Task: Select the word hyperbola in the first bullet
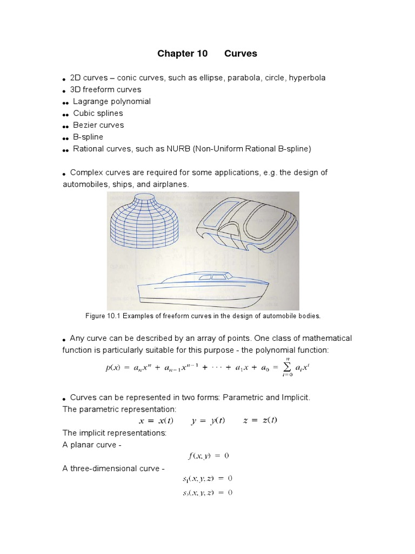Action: [x=307, y=78]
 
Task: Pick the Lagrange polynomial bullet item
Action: [x=112, y=102]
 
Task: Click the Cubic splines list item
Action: [x=98, y=114]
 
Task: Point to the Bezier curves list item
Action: [x=98, y=125]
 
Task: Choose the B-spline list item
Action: [x=88, y=137]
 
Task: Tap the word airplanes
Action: [x=170, y=184]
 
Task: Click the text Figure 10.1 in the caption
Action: [x=103, y=315]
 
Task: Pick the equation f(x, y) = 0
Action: [x=209, y=456]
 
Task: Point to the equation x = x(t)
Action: [x=155, y=421]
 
